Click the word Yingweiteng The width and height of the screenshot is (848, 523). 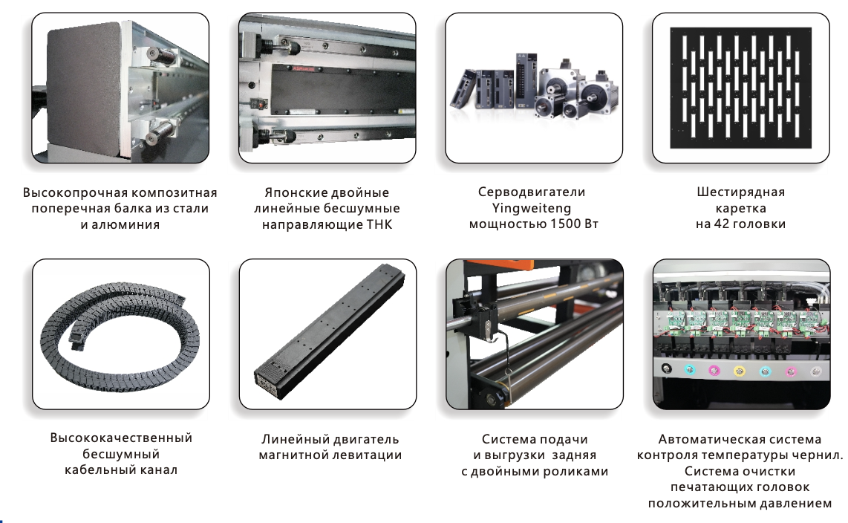tap(531, 208)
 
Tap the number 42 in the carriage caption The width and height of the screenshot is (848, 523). tap(722, 224)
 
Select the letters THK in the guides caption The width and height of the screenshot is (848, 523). tap(379, 224)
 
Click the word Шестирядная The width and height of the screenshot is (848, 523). tap(740, 192)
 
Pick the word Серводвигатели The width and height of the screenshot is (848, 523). tap(532, 192)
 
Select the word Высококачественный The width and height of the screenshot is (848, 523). tap(121, 438)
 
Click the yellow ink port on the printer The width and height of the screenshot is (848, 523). tap(740, 371)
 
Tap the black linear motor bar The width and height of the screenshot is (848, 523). tap(329, 331)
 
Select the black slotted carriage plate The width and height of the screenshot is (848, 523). tap(740, 88)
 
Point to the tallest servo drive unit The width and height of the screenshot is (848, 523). tap(526, 81)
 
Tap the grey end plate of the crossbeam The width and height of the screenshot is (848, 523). tap(89, 92)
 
